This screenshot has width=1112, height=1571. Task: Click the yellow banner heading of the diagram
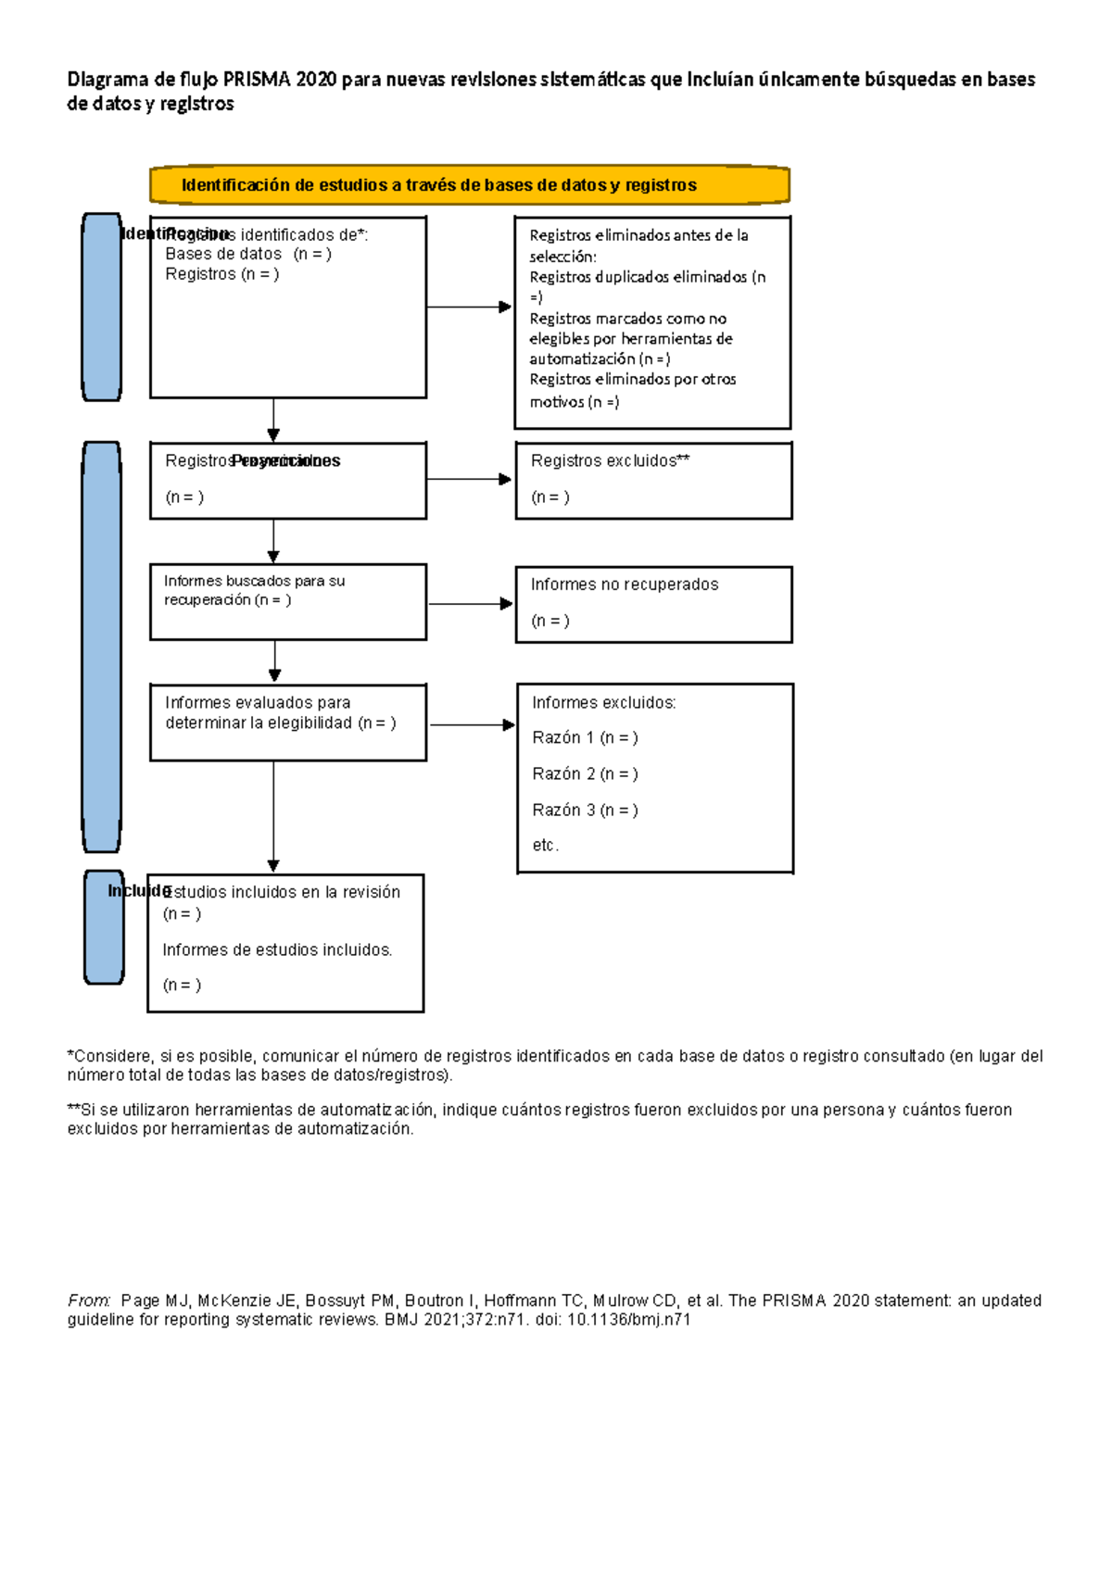469,184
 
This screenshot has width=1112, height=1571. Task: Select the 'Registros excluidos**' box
653,480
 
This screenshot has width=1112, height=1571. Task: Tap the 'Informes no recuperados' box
653,604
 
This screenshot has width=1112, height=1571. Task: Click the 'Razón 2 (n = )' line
585,773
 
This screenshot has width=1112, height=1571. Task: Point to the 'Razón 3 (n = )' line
585,810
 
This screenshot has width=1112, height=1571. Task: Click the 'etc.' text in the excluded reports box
545,845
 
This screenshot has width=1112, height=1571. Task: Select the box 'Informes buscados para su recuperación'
287,601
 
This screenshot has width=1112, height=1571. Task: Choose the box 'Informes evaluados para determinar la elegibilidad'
287,723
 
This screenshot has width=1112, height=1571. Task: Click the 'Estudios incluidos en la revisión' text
282,892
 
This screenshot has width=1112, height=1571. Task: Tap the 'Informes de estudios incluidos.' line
277,949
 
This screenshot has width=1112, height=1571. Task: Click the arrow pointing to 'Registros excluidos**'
469,479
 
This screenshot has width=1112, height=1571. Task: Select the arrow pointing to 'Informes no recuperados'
470,604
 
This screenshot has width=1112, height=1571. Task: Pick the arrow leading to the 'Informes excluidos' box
472,724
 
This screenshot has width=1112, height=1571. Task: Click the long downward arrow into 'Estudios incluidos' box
273,815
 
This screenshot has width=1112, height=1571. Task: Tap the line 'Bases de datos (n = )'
247,254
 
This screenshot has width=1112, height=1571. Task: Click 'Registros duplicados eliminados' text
638,277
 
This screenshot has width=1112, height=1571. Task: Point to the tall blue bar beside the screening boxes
102,647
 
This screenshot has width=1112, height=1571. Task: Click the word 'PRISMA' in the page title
257,80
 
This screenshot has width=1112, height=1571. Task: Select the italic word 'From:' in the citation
89,1301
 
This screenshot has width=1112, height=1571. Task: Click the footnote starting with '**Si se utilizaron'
539,1119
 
